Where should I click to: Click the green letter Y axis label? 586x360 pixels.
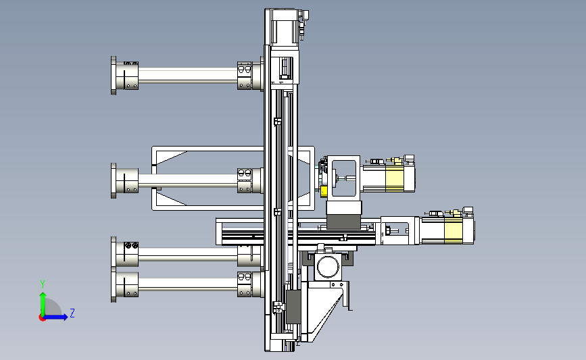[x=43, y=284]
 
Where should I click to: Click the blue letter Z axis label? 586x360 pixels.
[x=72, y=313]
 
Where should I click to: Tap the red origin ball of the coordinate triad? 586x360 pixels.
[x=42, y=317]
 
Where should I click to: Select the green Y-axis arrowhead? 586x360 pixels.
[x=43, y=296]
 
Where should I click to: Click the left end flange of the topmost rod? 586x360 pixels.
[x=114, y=76]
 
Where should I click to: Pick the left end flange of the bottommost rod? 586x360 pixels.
[x=114, y=285]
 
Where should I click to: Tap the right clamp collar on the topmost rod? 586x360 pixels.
[x=245, y=76]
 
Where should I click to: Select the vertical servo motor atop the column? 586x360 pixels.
[x=285, y=28]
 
